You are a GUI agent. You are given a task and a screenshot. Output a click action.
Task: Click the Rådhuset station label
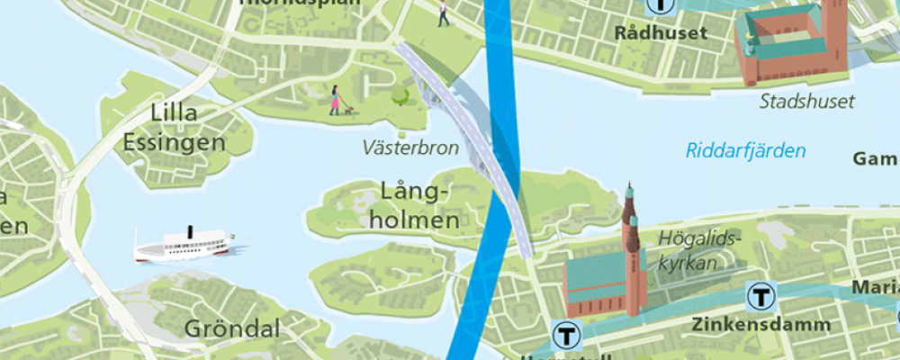[661, 33]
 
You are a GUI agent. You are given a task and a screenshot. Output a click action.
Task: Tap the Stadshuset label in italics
[806, 102]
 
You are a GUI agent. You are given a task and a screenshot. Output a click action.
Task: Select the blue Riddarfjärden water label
[745, 150]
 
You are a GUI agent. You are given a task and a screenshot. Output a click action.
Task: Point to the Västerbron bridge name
[410, 147]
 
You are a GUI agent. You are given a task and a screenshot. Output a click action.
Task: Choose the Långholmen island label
[420, 205]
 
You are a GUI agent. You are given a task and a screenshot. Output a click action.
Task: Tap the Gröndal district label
[232, 328]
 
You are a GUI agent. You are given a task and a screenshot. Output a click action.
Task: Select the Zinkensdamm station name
[744, 322]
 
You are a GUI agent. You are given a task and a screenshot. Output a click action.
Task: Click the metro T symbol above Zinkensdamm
[762, 295]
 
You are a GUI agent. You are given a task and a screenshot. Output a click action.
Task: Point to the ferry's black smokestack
[190, 233]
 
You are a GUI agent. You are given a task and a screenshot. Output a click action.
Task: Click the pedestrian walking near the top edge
[442, 13]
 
